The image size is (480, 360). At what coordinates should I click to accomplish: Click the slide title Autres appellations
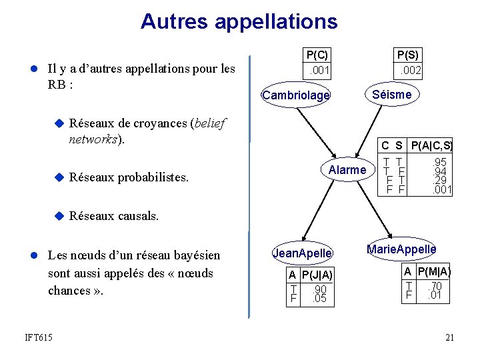[239, 21]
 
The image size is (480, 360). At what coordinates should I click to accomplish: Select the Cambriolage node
[296, 96]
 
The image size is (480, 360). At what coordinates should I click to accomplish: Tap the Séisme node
[391, 95]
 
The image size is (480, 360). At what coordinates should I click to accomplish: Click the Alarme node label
[347, 170]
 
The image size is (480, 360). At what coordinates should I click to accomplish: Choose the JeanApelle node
[302, 253]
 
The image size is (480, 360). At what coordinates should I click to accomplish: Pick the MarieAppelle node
[401, 249]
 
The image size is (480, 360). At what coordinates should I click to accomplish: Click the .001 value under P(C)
[317, 69]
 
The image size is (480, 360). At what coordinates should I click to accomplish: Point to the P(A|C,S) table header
[431, 145]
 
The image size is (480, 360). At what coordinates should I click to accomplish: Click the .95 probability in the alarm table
[439, 161]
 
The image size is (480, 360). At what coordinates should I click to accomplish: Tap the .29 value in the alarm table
[439, 180]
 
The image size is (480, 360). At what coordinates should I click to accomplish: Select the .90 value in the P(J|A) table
[319, 289]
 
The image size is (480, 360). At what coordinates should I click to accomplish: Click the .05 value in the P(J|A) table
[319, 299]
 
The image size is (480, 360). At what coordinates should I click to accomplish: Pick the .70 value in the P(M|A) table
[436, 285]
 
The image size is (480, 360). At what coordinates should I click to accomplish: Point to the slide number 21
[449, 338]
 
